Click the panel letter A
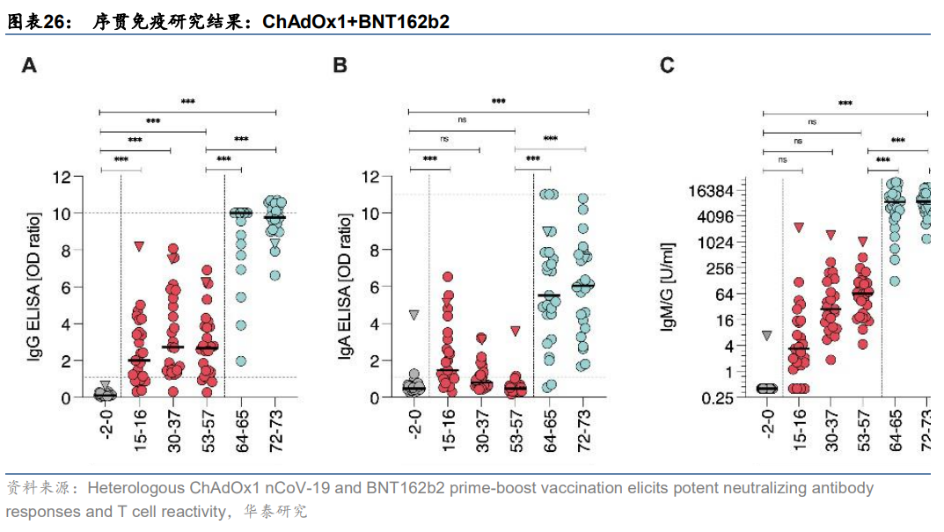coord(29,64)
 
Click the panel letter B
coord(340,64)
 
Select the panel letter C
coord(668,64)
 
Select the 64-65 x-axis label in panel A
coord(241,430)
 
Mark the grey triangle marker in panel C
coord(768,336)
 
